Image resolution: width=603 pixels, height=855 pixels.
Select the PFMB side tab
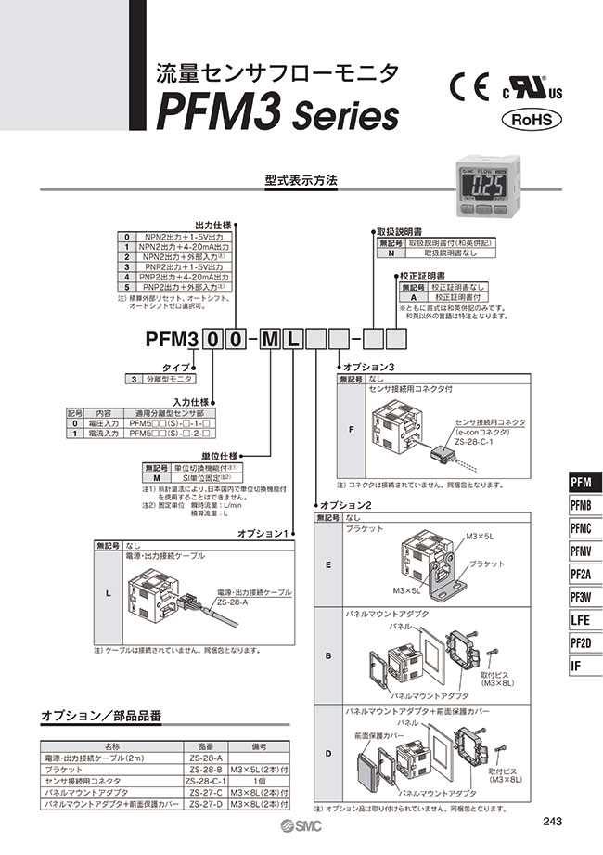582,505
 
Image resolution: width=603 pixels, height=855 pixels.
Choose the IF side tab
582,665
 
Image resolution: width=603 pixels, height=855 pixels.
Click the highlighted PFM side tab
582,482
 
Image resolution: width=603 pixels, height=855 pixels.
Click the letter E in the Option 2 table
327,563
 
